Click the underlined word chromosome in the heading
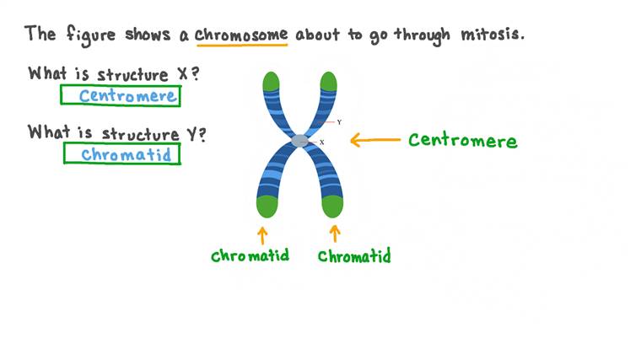pyautogui.click(x=241, y=35)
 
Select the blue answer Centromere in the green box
pyautogui.click(x=127, y=95)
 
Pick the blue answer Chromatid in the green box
pyautogui.click(x=122, y=154)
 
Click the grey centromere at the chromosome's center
pyautogui.click(x=300, y=141)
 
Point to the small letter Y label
pyautogui.click(x=339, y=122)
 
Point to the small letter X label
pyautogui.click(x=321, y=142)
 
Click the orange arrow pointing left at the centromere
pyautogui.click(x=374, y=140)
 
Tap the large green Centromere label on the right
pyautogui.click(x=462, y=140)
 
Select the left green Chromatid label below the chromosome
pyautogui.click(x=250, y=255)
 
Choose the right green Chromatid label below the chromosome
pyautogui.click(x=354, y=255)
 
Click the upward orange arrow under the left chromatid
pyautogui.click(x=262, y=234)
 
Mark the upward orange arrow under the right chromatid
pyautogui.click(x=335, y=233)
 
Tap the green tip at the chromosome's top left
pyautogui.click(x=270, y=82)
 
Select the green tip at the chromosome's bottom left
pyautogui.click(x=267, y=206)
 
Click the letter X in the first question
pyautogui.click(x=182, y=73)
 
